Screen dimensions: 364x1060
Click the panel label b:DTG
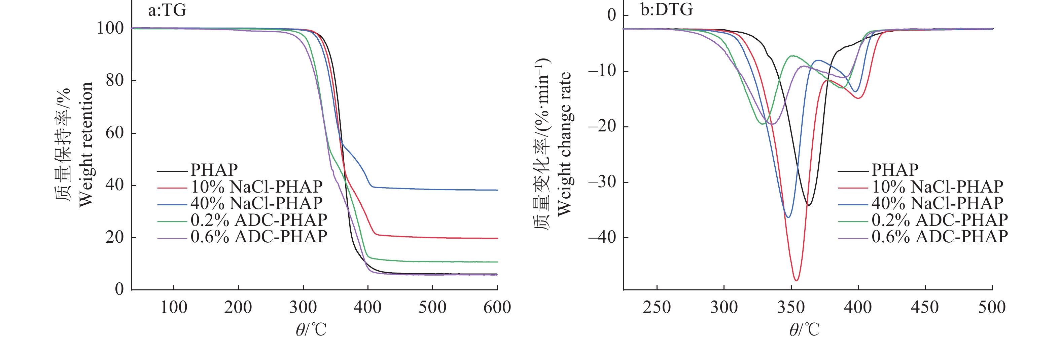click(x=666, y=9)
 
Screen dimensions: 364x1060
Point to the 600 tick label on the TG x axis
click(x=497, y=307)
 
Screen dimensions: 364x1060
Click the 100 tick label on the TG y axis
click(x=110, y=28)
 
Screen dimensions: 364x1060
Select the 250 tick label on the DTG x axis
click(x=657, y=307)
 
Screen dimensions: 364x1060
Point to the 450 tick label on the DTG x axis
click(x=925, y=307)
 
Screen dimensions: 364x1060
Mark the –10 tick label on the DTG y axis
click(x=602, y=71)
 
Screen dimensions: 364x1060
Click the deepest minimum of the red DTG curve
click(x=796, y=281)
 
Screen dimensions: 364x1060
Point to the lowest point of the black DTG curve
click(x=809, y=205)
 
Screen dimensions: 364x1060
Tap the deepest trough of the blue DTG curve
click(x=788, y=217)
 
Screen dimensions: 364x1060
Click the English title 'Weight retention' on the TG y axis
click(x=86, y=145)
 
